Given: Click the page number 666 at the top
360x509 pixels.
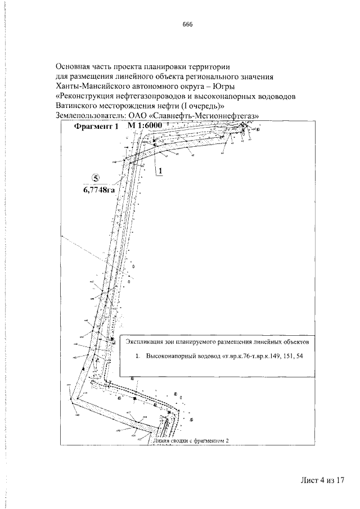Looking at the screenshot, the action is (x=188, y=24).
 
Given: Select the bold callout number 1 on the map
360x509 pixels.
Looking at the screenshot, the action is (x=160, y=170).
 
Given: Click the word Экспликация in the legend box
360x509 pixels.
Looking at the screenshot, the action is (x=145, y=341).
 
